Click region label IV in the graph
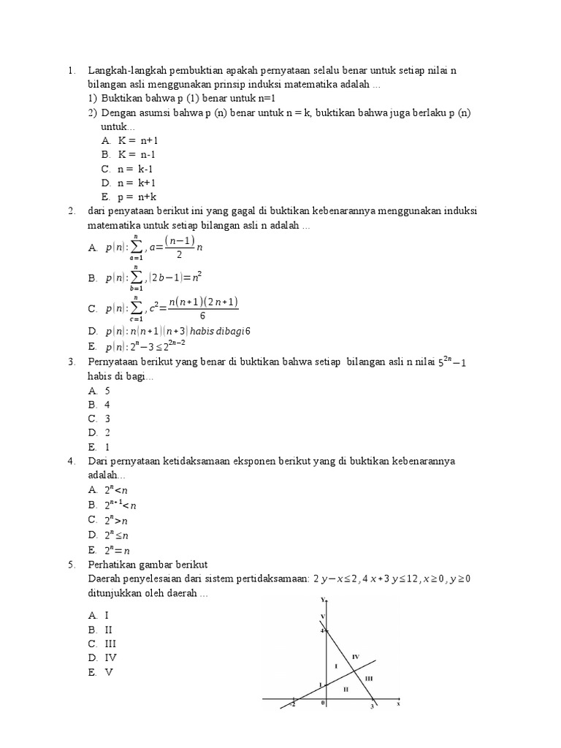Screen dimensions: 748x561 356,657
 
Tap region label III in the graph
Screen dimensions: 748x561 368,679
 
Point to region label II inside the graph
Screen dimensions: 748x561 346,689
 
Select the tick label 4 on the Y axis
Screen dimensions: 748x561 322,630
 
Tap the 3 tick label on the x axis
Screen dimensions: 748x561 372,706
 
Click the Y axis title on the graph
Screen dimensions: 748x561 323,600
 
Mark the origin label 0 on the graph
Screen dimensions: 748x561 323,703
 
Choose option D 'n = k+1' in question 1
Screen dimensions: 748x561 129,183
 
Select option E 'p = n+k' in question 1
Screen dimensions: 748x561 129,196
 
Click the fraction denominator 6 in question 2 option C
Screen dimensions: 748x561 202,316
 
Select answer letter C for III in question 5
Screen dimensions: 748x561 93,644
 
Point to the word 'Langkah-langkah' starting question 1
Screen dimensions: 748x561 125,70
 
